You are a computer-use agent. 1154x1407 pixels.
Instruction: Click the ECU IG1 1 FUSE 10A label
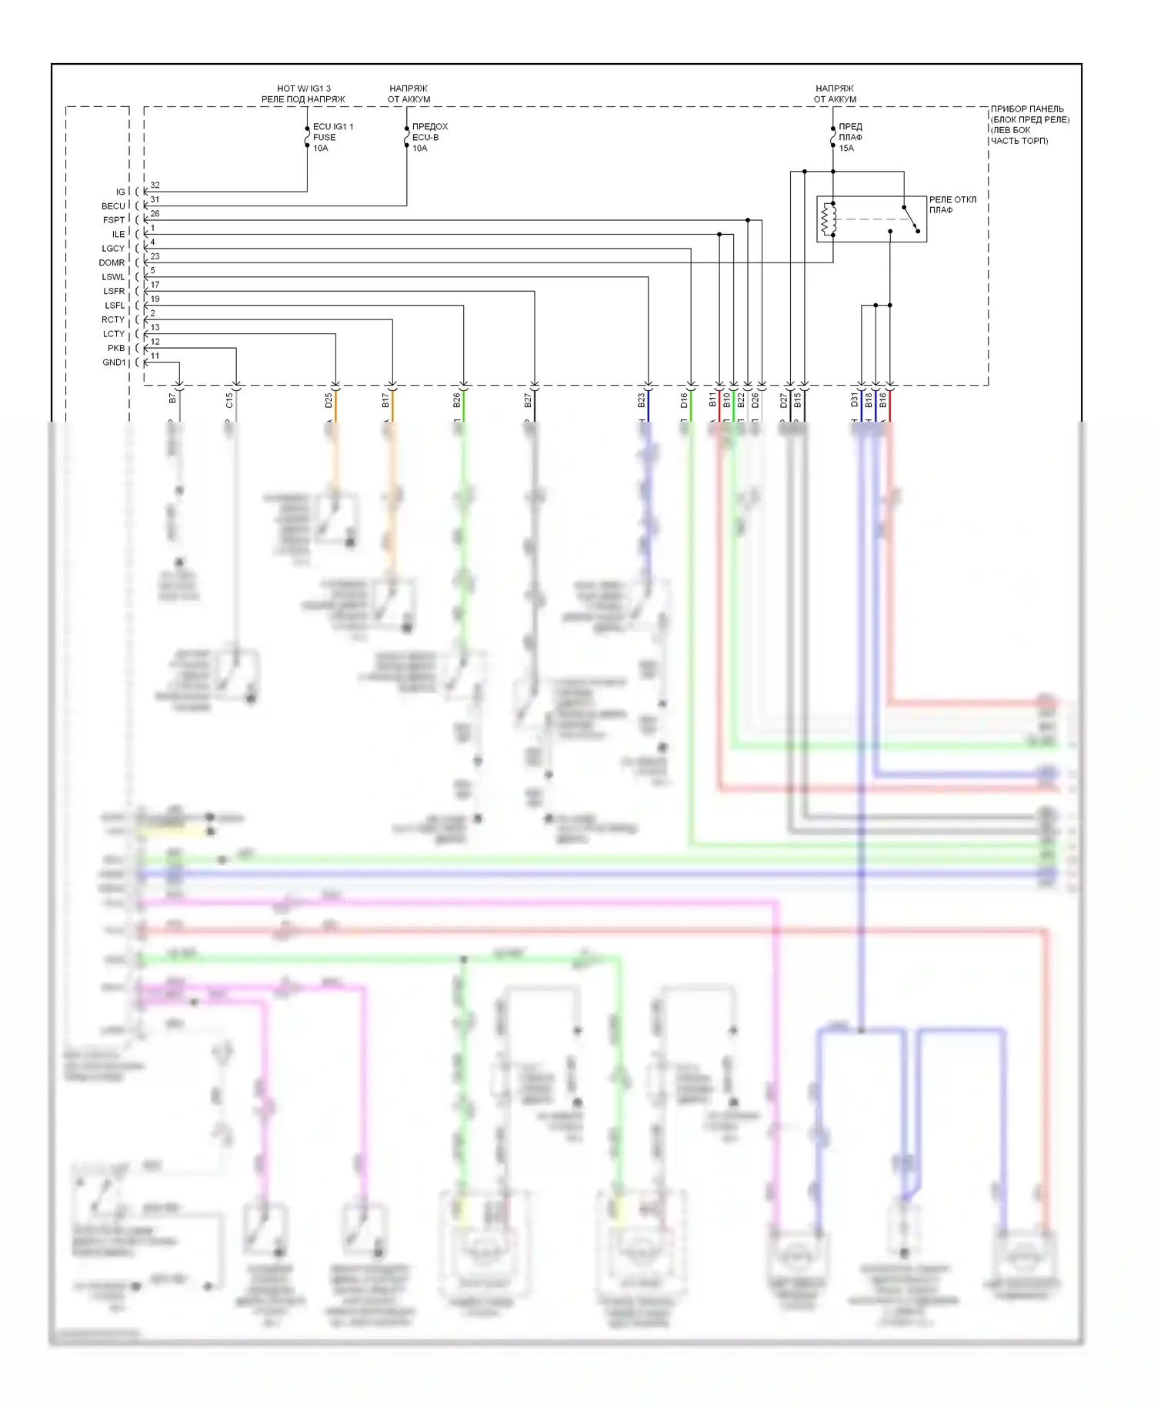click(332, 137)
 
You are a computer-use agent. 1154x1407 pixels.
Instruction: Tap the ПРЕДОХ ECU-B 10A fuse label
click(429, 137)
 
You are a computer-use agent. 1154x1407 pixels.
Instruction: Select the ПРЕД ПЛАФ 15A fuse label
click(849, 137)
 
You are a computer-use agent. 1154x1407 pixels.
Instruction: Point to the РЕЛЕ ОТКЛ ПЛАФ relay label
click(952, 205)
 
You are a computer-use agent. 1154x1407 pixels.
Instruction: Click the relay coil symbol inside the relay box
click(828, 219)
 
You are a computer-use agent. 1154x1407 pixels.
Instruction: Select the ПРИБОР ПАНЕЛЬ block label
click(1029, 125)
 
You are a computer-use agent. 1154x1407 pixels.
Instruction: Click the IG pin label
click(120, 192)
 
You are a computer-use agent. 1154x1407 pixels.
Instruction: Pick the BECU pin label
click(113, 206)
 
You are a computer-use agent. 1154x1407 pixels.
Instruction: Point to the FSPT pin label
click(114, 220)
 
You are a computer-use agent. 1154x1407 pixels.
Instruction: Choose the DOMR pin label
click(112, 263)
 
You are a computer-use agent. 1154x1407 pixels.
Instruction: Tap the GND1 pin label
click(114, 363)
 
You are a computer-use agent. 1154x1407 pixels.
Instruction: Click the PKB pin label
click(116, 349)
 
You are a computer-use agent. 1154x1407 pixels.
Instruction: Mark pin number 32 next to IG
click(155, 185)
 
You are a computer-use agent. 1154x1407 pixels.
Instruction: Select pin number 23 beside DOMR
click(155, 256)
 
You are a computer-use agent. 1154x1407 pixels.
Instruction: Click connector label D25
click(329, 401)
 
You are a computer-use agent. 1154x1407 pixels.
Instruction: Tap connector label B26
click(456, 401)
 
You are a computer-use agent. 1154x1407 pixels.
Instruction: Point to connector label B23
click(641, 401)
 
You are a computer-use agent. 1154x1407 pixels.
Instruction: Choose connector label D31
click(854, 400)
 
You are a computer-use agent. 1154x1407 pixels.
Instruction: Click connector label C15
click(229, 401)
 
